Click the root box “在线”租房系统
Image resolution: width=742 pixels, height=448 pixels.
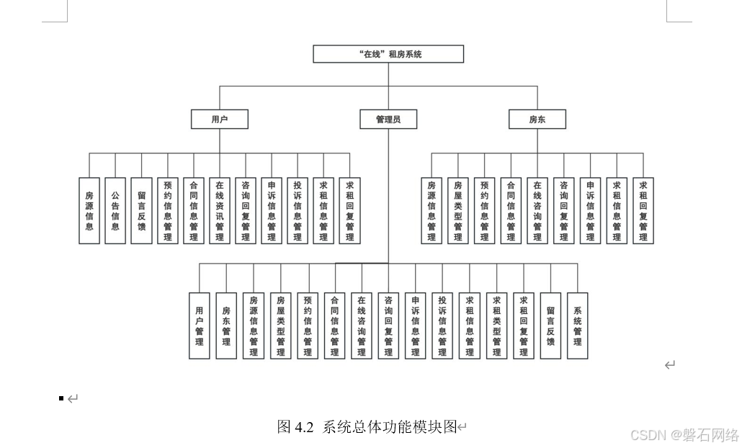[388, 54]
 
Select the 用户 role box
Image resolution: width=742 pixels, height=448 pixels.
[220, 120]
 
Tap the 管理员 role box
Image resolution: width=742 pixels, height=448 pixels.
[388, 120]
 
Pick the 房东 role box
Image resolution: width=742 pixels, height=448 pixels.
[537, 120]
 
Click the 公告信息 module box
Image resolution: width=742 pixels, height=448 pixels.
[115, 210]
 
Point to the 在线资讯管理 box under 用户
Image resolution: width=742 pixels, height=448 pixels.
[220, 210]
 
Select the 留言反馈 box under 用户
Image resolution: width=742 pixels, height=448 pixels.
[141, 210]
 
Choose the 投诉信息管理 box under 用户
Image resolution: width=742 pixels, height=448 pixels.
[298, 210]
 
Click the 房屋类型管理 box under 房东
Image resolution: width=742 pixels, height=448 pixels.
[458, 210]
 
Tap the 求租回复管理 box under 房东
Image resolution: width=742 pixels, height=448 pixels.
[643, 210]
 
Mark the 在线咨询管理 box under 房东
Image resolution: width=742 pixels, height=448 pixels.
[537, 210]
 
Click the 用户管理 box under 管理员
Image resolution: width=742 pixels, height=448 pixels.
[200, 326]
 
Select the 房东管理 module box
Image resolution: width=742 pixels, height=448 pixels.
[226, 326]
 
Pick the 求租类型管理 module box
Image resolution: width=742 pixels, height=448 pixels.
[496, 326]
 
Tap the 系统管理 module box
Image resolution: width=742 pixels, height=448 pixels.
[577, 326]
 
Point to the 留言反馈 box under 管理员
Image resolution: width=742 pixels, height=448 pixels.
[550, 326]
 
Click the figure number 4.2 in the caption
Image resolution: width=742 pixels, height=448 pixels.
[304, 427]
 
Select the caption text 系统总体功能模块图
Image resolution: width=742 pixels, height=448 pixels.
[390, 427]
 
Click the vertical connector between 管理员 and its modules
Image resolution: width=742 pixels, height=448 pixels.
[388, 194]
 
